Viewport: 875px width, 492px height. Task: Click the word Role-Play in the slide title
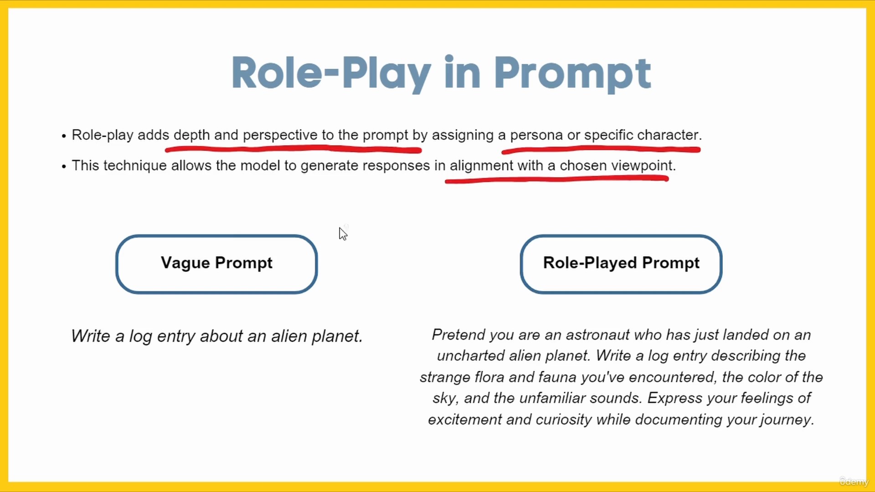pos(331,73)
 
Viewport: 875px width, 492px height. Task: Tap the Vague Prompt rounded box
pos(216,264)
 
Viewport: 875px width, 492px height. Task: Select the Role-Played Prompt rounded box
pos(621,264)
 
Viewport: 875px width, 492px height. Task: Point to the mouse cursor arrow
pos(343,233)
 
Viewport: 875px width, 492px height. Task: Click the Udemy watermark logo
pos(854,482)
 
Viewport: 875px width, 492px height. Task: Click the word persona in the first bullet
pos(536,135)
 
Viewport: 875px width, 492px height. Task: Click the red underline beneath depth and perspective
pos(293,149)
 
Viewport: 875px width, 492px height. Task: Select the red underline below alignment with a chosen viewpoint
pos(556,179)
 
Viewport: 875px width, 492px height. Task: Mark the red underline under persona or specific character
pos(601,149)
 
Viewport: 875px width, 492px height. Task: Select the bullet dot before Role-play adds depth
pos(64,136)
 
